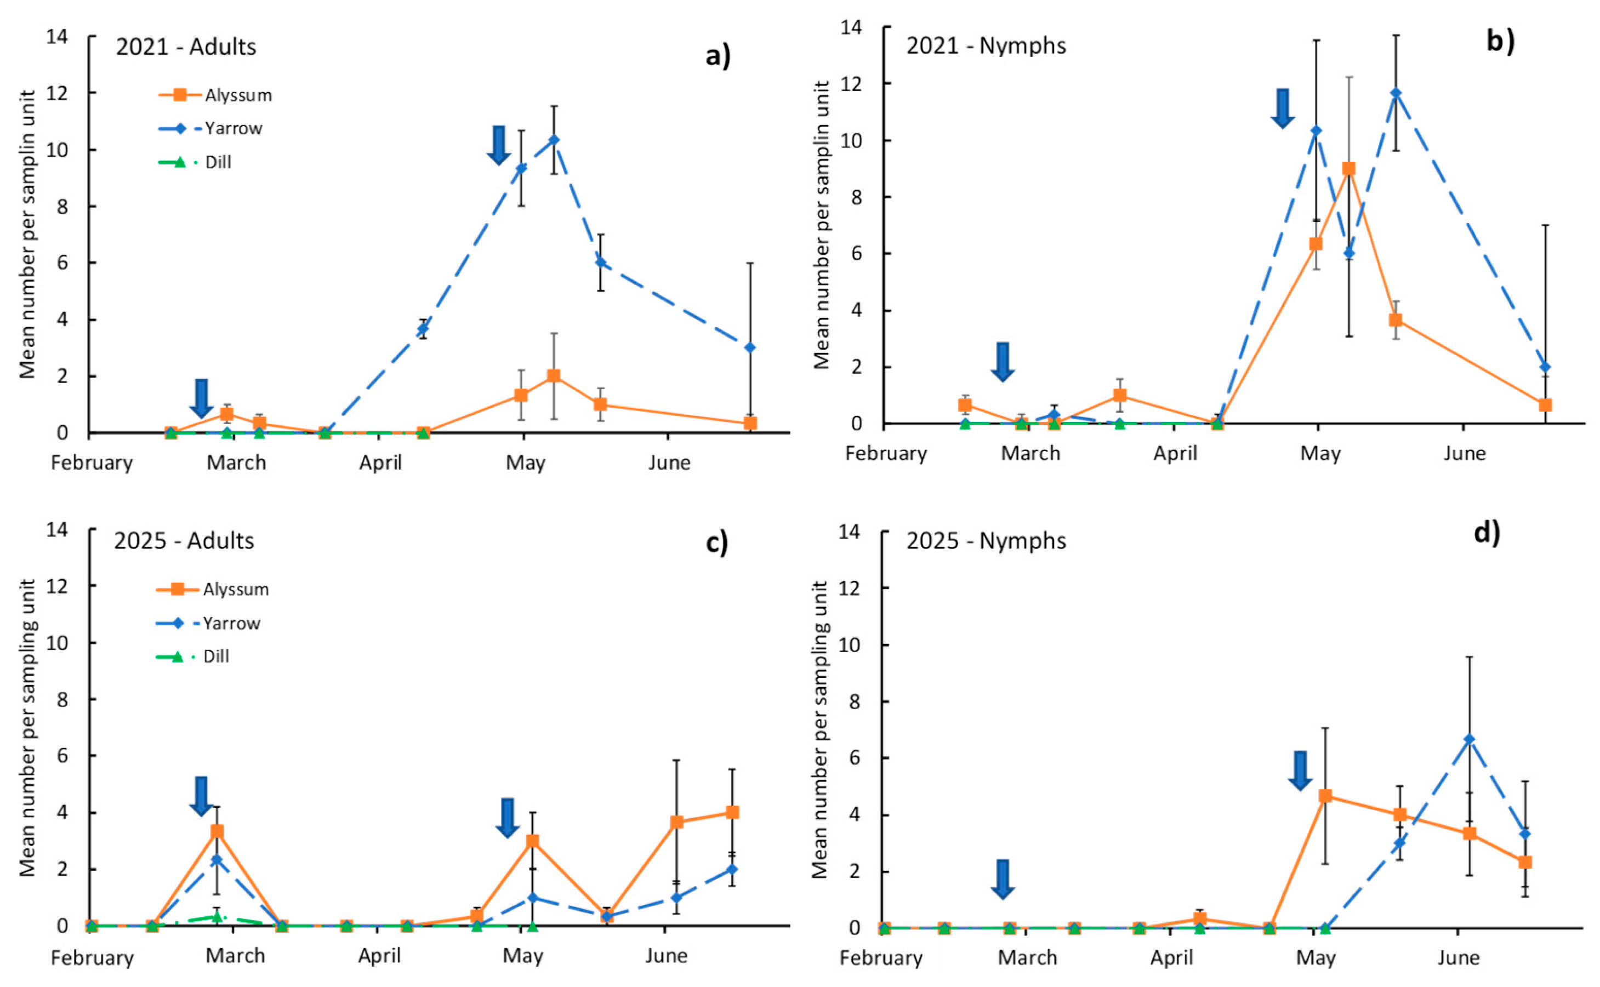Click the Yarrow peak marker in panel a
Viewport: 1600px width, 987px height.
point(554,140)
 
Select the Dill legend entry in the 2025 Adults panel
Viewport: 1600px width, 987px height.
point(215,656)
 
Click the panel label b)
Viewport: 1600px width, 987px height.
point(1500,41)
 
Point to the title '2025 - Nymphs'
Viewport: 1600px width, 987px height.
point(986,540)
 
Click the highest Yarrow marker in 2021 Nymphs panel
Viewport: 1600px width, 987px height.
point(1396,93)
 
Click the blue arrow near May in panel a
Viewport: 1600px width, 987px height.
point(499,144)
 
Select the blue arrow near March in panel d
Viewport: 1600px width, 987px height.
point(1003,878)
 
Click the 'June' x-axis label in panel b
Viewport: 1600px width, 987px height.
point(1464,453)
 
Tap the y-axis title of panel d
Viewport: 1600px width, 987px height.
point(820,729)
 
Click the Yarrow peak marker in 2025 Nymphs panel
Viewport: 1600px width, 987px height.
point(1470,739)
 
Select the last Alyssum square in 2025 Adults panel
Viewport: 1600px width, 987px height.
point(732,812)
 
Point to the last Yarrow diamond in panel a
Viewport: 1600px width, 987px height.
point(750,347)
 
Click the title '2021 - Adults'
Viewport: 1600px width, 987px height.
point(186,47)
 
